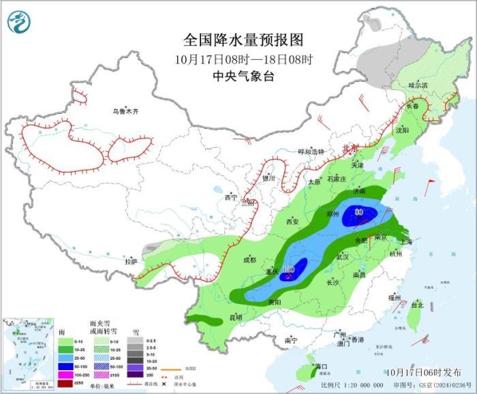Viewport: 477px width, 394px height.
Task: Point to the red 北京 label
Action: coord(350,148)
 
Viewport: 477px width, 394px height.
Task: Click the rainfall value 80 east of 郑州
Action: coord(358,212)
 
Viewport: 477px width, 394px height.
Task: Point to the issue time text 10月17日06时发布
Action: coord(422,372)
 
